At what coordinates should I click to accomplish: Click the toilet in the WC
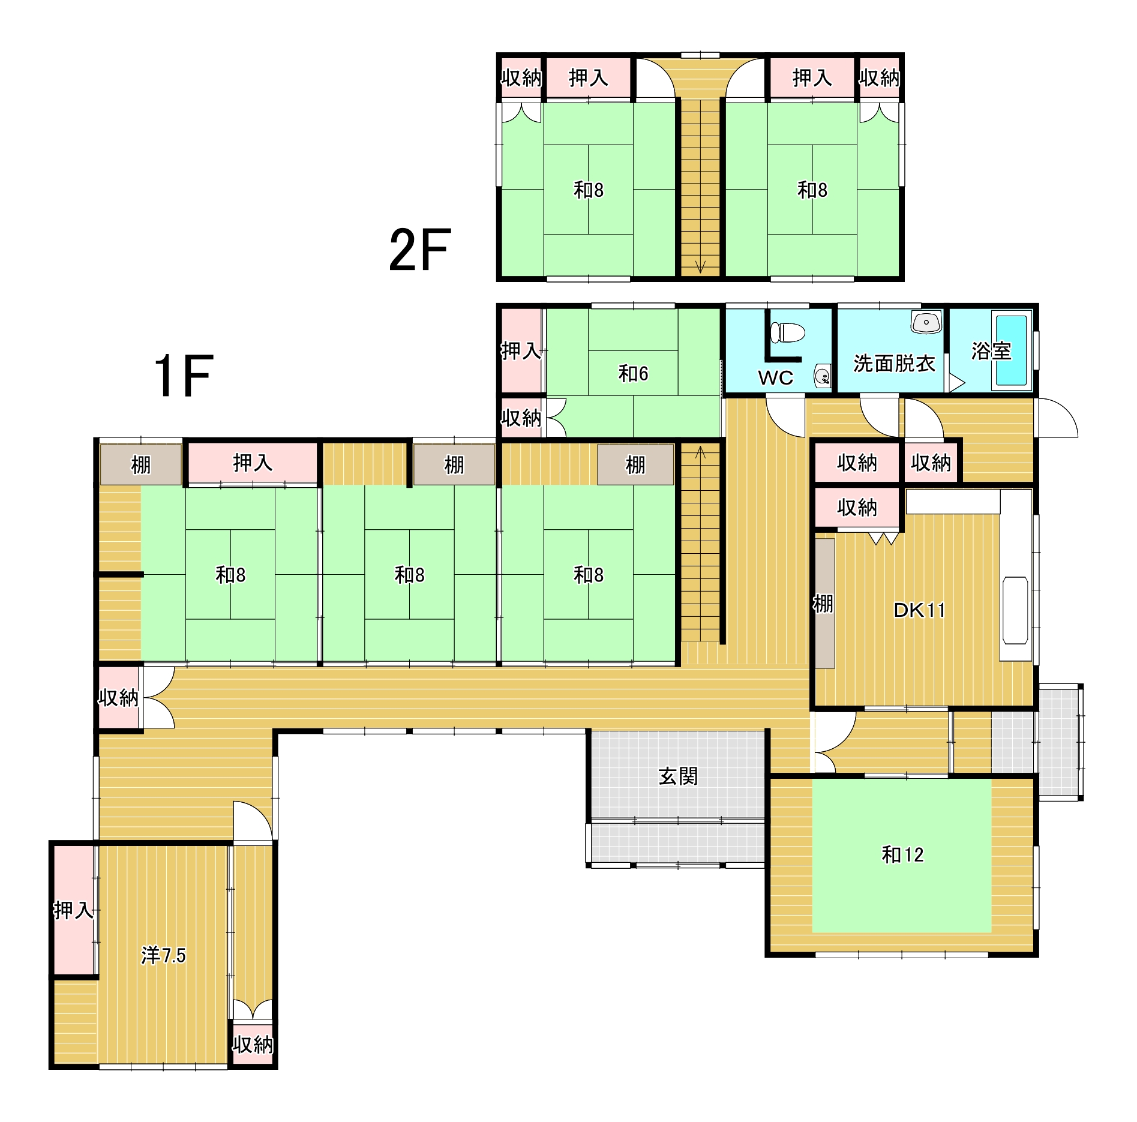click(x=787, y=332)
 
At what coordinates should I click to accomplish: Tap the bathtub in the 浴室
click(x=1011, y=350)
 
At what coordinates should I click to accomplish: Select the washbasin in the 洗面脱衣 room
click(x=926, y=322)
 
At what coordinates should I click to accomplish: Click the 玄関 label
click(x=678, y=776)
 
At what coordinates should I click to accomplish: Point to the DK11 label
click(x=919, y=610)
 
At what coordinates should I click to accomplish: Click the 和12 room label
click(x=902, y=854)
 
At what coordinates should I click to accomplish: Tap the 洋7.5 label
click(x=163, y=955)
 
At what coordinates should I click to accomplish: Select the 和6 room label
click(x=633, y=374)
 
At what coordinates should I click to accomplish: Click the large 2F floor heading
click(x=419, y=250)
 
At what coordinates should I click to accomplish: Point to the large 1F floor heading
click(x=184, y=376)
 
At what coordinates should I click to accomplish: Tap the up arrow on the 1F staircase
click(x=700, y=452)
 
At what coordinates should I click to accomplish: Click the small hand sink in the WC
click(x=823, y=376)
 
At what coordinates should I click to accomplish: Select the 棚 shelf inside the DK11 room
click(x=824, y=603)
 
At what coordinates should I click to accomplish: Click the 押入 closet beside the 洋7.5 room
click(x=74, y=910)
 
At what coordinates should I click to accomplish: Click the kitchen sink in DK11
click(x=1015, y=610)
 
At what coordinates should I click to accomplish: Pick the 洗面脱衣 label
click(x=894, y=363)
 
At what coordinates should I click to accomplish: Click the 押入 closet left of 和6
click(x=521, y=350)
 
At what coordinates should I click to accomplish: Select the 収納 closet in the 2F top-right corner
click(x=879, y=77)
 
